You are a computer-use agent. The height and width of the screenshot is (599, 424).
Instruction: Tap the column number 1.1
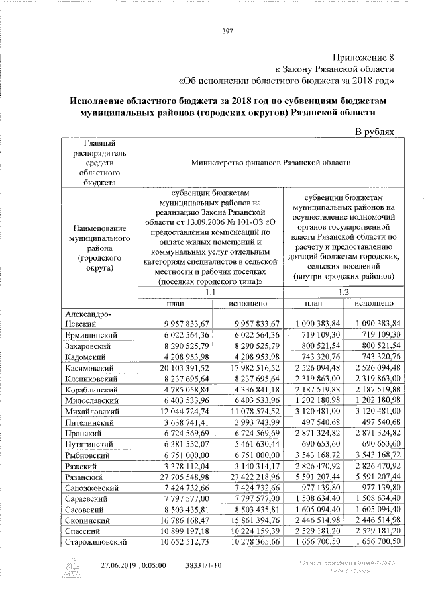(211, 292)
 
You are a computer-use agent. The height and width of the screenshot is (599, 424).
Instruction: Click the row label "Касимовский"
(88, 368)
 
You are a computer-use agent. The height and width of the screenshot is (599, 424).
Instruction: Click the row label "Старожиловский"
(93, 542)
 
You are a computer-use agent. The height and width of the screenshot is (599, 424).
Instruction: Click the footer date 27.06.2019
(121, 567)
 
